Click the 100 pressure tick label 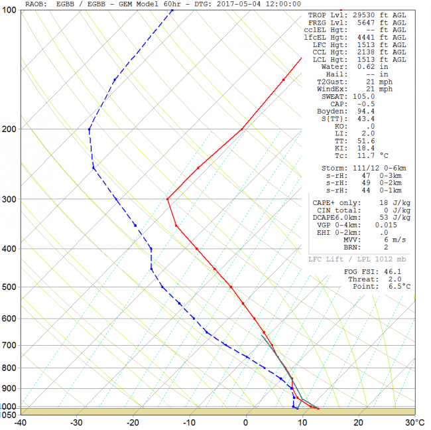point(11,12)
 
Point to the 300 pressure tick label point(11,199)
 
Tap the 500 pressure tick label point(11,287)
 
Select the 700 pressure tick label point(11,345)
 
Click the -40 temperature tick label point(21,422)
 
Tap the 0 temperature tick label point(246,422)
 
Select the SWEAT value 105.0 point(362,96)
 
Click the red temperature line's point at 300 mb point(168,198)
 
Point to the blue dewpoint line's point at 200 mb point(89,129)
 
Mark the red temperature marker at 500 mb point(231,287)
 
